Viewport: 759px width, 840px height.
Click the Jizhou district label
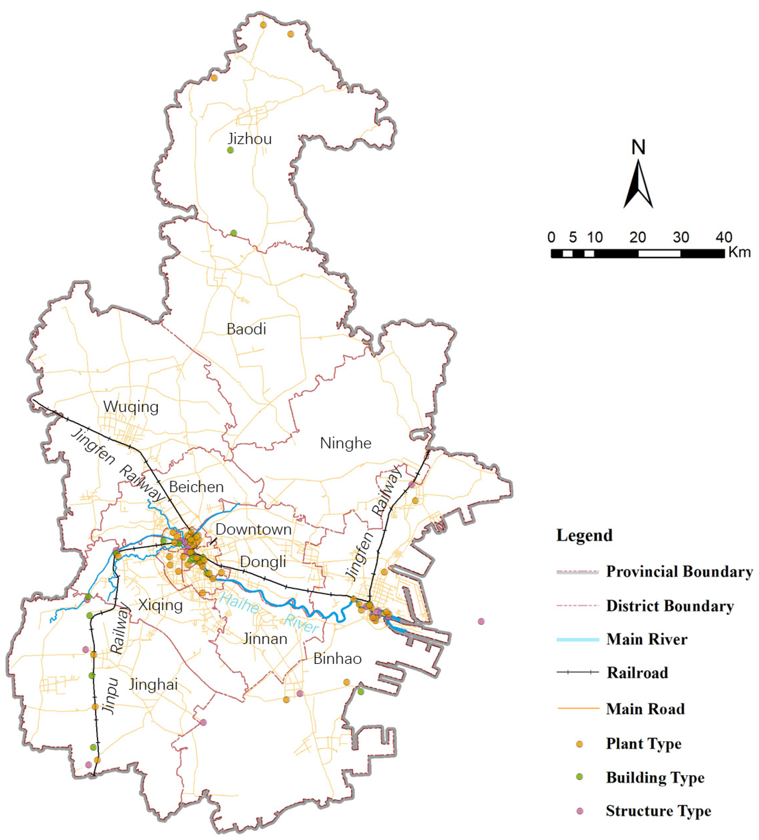click(250, 139)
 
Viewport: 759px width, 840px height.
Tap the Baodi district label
click(246, 329)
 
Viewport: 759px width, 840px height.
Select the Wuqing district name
click(131, 407)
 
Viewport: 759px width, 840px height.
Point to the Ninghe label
click(345, 443)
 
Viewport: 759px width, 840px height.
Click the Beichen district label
click(196, 487)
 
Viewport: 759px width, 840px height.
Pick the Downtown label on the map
click(253, 529)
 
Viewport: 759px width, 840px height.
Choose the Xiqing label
click(160, 605)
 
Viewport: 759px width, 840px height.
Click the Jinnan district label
click(265, 639)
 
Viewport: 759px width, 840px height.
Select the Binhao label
click(337, 659)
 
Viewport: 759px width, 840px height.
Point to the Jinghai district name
click(154, 685)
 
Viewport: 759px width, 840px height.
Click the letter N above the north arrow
click(638, 147)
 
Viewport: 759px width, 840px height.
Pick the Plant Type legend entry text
click(644, 743)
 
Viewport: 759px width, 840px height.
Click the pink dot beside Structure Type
click(580, 810)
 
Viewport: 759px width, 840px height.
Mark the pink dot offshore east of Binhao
click(481, 621)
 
